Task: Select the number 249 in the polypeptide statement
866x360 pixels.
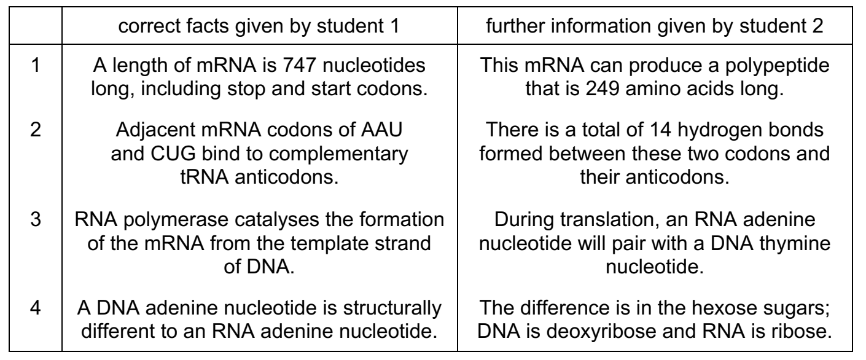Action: click(603, 88)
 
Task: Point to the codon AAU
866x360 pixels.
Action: click(381, 130)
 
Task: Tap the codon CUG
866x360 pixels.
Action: click(173, 154)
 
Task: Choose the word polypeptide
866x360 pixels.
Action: click(777, 66)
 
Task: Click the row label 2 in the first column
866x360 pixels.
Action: click(36, 130)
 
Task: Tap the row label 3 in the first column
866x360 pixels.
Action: click(36, 219)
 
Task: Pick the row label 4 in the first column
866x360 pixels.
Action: click(36, 308)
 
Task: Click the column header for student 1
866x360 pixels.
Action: click(259, 26)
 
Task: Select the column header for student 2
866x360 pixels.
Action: click(655, 26)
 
